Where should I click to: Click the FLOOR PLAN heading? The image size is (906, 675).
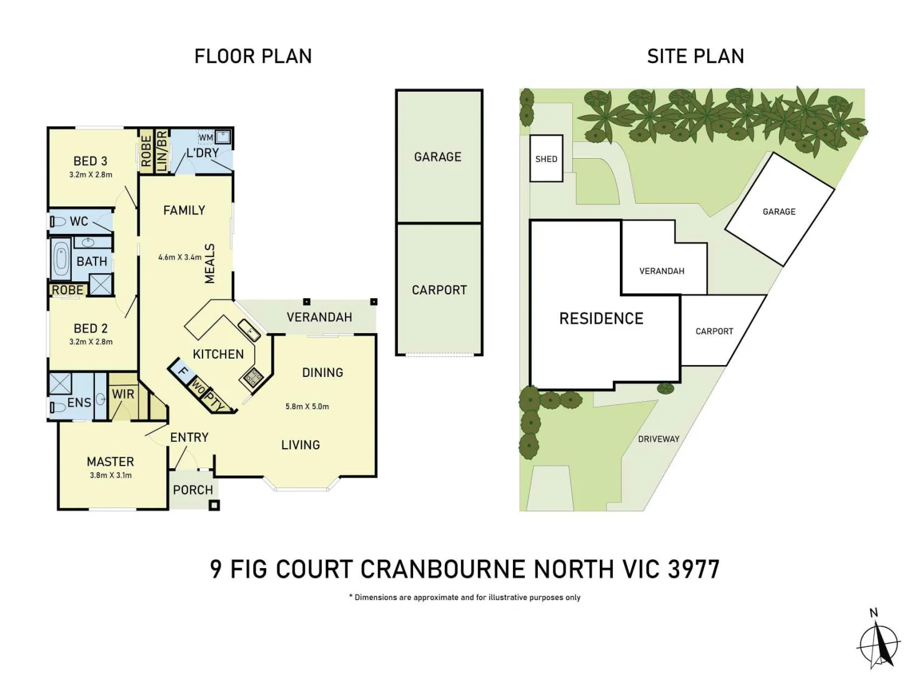[x=252, y=56]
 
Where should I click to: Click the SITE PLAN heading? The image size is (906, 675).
[x=695, y=56]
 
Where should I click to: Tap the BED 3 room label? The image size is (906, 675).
[x=91, y=161]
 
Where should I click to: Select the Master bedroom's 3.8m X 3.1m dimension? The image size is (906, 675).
[x=111, y=475]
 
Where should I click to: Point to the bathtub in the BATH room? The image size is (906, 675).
[x=61, y=260]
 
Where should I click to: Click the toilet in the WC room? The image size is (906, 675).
[x=58, y=221]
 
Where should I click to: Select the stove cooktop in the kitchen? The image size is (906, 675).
[x=253, y=376]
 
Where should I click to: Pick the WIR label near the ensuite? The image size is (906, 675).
[x=123, y=394]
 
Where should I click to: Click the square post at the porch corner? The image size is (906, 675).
[x=214, y=505]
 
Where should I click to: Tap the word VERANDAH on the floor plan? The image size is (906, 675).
[x=319, y=317]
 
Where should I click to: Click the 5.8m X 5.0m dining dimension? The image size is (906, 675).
[x=307, y=406]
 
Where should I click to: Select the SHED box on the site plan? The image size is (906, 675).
[x=546, y=159]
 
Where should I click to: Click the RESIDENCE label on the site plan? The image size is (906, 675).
[x=601, y=319]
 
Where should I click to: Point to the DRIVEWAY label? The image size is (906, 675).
[x=659, y=439]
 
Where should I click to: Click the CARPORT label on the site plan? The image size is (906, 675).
[x=714, y=331]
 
